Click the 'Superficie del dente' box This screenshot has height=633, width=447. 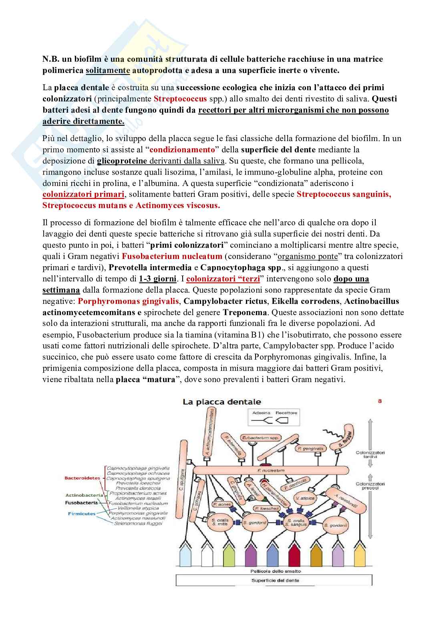[x=275, y=580]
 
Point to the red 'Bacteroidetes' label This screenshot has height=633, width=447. [x=83, y=478]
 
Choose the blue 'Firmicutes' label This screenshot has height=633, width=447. [x=82, y=514]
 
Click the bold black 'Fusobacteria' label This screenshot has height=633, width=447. [x=81, y=502]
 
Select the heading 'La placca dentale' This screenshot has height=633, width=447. [x=221, y=402]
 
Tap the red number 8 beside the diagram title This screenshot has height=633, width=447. [x=380, y=401]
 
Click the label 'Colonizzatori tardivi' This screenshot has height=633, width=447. [x=370, y=455]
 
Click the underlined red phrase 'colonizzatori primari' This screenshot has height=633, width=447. [x=83, y=194]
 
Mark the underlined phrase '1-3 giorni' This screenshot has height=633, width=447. [x=158, y=279]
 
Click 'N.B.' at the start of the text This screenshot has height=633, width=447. [x=51, y=59]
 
